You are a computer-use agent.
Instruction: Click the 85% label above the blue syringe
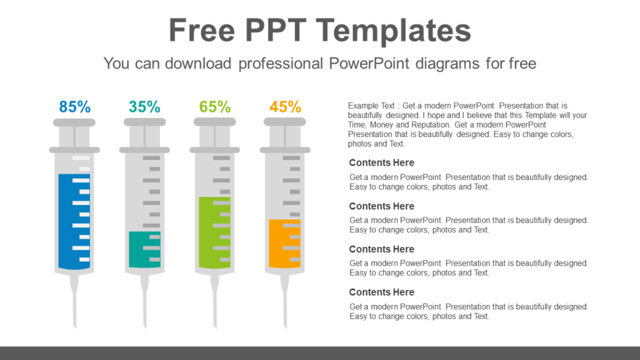(75, 107)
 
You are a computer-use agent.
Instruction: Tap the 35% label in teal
(144, 107)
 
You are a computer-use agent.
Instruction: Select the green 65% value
(215, 107)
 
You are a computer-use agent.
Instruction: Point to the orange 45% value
(285, 107)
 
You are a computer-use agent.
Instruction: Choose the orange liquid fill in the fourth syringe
(276, 244)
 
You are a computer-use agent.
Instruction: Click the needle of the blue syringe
(75, 306)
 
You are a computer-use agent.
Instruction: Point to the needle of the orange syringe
(286, 306)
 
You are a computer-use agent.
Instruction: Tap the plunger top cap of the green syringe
(215, 122)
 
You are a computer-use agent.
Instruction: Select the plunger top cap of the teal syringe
(144, 122)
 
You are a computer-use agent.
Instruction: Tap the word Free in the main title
(199, 30)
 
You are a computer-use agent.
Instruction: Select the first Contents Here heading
(381, 163)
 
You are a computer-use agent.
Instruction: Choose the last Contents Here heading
(381, 292)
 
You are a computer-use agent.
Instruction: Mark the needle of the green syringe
(216, 306)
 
